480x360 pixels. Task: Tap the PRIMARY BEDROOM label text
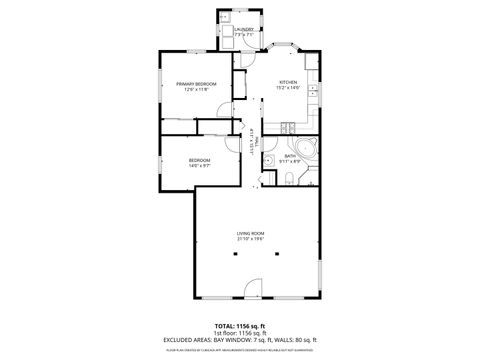pyautogui.click(x=197, y=84)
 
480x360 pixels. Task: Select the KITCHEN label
pyautogui.click(x=288, y=83)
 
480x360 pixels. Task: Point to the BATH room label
pyautogui.click(x=290, y=155)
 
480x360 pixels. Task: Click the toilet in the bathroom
pyautogui.click(x=288, y=179)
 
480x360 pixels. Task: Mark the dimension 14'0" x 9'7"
pyautogui.click(x=200, y=166)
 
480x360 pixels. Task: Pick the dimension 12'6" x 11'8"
pyautogui.click(x=197, y=90)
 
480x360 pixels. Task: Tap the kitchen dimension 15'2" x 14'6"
pyautogui.click(x=288, y=89)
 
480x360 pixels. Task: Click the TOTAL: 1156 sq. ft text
pyautogui.click(x=240, y=326)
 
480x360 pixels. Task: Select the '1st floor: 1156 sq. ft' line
pyautogui.click(x=240, y=333)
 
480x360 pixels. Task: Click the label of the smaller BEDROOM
pyautogui.click(x=200, y=160)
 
